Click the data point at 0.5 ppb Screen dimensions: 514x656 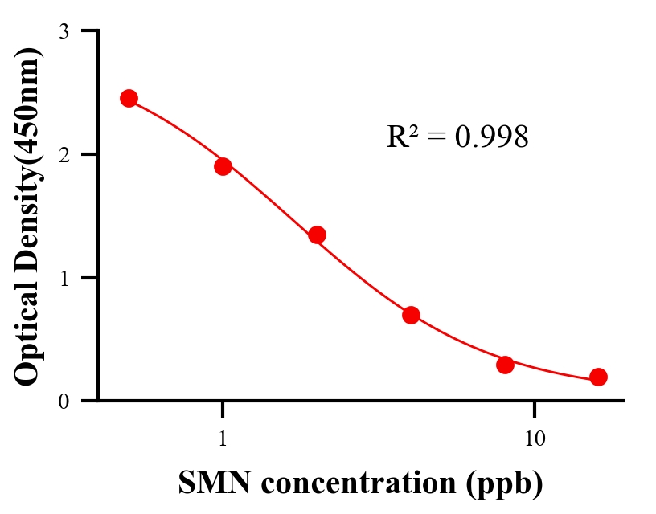pos(129,98)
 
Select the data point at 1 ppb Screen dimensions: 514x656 pos(223,166)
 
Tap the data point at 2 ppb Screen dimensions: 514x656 pos(317,235)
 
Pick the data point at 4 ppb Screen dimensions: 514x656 pos(411,315)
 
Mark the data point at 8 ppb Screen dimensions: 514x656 pos(505,365)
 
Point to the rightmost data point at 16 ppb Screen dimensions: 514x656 pos(598,377)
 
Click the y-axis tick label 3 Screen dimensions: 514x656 pos(64,31)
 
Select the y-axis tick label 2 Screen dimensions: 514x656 pos(64,154)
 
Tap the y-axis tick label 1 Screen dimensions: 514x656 pos(64,278)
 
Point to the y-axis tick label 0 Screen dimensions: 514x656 pos(64,401)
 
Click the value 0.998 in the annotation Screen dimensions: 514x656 pos(491,137)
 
